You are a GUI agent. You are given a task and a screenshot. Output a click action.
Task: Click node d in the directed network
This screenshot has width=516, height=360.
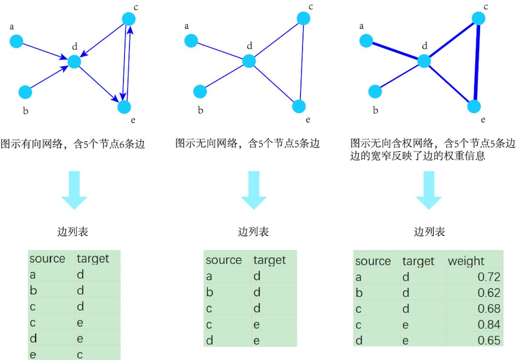click(x=75, y=62)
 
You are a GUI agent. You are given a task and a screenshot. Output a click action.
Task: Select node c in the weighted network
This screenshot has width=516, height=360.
click(x=479, y=18)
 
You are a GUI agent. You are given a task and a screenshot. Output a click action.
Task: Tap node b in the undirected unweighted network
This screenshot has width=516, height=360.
click(x=200, y=91)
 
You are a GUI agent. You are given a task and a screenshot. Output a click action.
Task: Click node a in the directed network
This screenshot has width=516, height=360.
click(x=17, y=42)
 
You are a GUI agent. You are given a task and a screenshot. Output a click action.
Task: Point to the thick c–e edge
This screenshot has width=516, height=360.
click(x=477, y=62)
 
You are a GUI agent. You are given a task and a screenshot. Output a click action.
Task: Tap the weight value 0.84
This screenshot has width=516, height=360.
click(x=489, y=324)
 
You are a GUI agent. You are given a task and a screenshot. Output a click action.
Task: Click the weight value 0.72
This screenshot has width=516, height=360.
click(x=489, y=277)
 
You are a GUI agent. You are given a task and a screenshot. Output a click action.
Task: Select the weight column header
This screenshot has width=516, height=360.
click(x=466, y=261)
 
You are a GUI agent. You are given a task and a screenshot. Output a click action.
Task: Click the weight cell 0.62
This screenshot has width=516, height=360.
click(x=489, y=293)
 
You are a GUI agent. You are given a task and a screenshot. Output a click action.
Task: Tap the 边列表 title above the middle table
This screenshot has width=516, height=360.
click(x=253, y=232)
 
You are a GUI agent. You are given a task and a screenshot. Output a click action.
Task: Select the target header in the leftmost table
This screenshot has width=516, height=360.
click(x=93, y=259)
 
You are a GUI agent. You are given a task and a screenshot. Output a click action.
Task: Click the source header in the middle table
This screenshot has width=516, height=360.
click(x=224, y=260)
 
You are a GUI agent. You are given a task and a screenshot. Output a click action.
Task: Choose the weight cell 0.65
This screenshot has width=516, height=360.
click(x=489, y=340)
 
